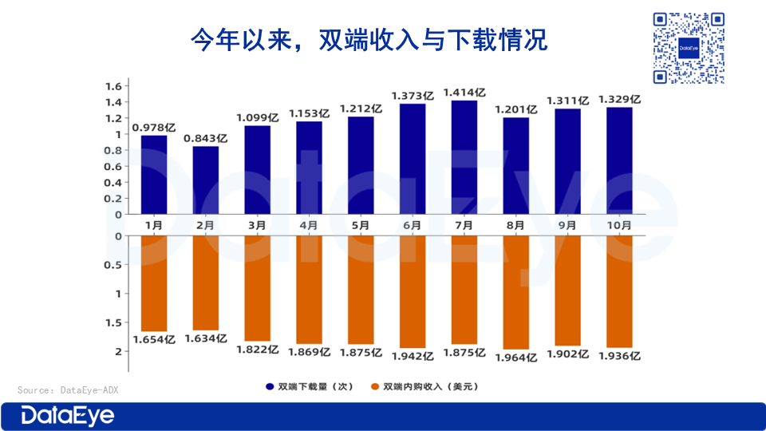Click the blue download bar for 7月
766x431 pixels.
click(x=464, y=157)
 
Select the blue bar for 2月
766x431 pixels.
click(x=205, y=180)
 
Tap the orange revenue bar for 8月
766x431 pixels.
click(x=516, y=292)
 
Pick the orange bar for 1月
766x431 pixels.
click(x=154, y=283)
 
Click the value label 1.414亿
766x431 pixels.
click(x=464, y=92)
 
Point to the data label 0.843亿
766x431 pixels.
click(x=205, y=138)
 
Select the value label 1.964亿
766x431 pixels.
click(x=516, y=357)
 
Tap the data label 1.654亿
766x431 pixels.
click(x=153, y=339)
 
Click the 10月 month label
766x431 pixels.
click(x=619, y=226)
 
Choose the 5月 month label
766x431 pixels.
click(x=361, y=226)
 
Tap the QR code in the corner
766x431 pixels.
click(x=689, y=47)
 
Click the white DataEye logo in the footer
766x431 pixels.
click(x=68, y=416)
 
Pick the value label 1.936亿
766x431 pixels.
click(x=619, y=356)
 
